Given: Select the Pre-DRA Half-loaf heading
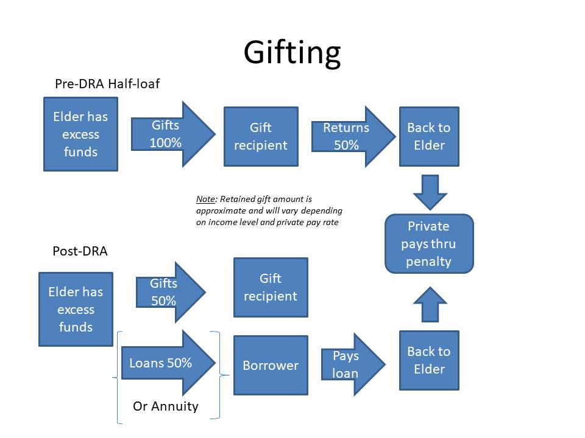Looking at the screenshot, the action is click(107, 84).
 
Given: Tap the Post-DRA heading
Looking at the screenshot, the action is click(80, 251).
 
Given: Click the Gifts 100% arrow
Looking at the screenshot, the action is click(173, 134).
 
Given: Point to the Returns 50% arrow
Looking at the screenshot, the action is click(353, 136).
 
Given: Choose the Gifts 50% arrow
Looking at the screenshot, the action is click(171, 292).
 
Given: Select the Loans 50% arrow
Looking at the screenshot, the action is click(168, 363).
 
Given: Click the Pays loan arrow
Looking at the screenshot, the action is click(353, 364).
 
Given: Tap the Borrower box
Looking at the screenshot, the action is click(271, 365).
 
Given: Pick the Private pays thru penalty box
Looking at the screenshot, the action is click(429, 243).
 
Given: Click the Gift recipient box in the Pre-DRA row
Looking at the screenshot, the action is click(261, 136).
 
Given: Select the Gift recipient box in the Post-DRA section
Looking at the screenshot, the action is click(271, 287).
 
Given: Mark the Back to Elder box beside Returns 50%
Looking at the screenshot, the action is click(429, 136).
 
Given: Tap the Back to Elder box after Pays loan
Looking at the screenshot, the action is click(429, 360).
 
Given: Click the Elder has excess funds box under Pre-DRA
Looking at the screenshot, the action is click(80, 134).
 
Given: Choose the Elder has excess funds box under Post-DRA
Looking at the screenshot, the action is click(76, 309).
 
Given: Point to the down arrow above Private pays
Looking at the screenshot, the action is click(430, 192).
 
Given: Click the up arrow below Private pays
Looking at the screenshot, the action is click(430, 304).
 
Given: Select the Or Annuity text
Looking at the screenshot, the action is click(166, 406).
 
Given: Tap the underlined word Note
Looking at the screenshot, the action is click(205, 199).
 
